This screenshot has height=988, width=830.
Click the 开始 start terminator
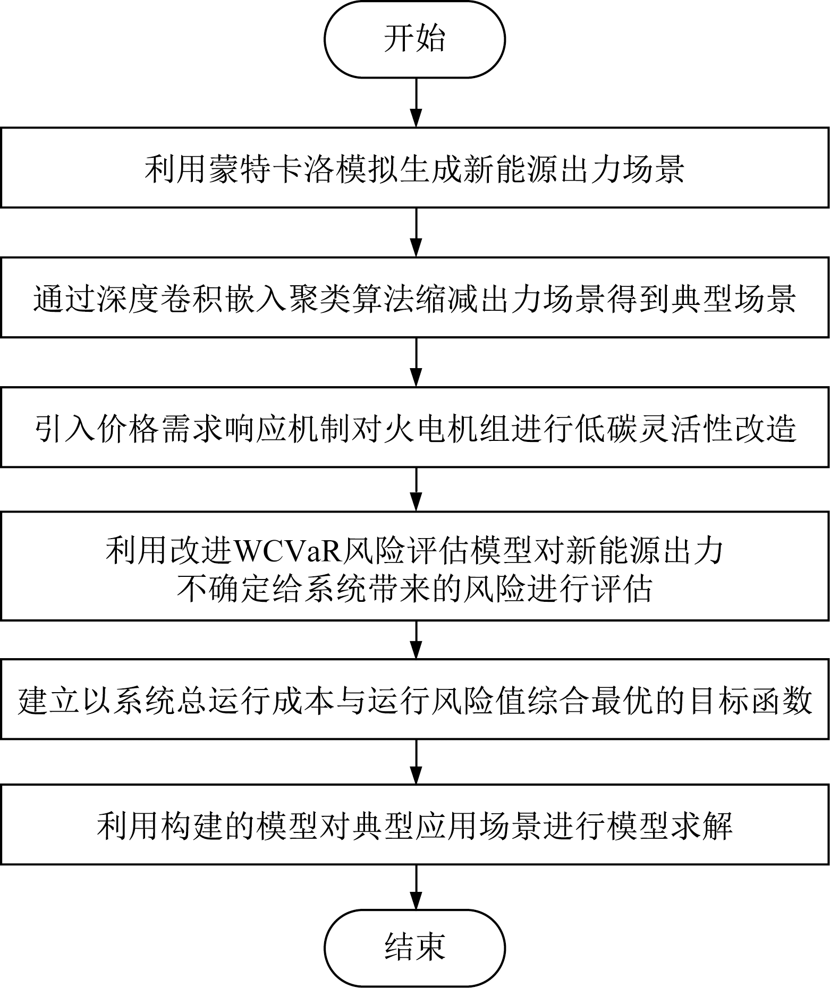(x=414, y=40)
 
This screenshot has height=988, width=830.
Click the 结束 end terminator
(x=414, y=948)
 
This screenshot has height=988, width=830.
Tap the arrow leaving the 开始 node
(x=416, y=103)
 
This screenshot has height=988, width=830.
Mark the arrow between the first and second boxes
(x=416, y=232)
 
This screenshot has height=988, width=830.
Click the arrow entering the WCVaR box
(x=416, y=489)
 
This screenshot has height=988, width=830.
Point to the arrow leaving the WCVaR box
(x=416, y=640)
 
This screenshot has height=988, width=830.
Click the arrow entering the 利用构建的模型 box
(x=416, y=761)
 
